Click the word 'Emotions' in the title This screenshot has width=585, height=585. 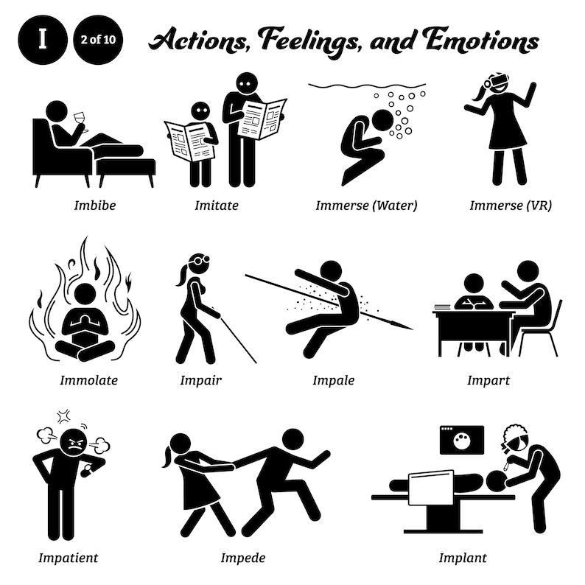(x=472, y=41)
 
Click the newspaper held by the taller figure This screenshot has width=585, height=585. (x=263, y=118)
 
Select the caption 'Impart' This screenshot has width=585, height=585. (x=488, y=381)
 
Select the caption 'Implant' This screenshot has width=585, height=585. (x=462, y=556)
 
